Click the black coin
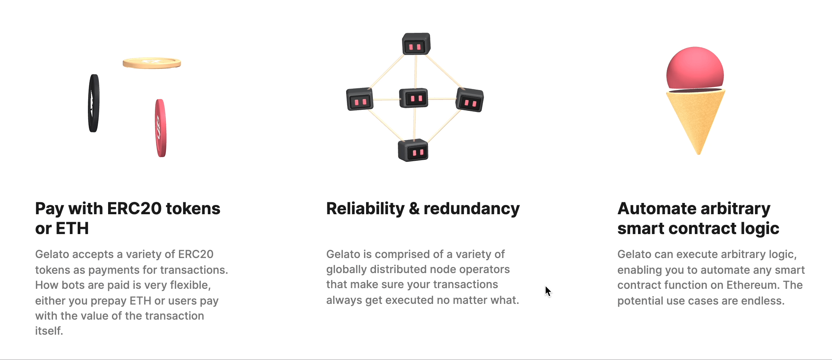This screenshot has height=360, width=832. tap(94, 103)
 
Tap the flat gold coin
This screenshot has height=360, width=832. tap(152, 63)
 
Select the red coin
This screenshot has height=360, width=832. tap(160, 128)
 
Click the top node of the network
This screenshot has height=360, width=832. tap(416, 44)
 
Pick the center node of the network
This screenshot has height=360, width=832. tap(414, 98)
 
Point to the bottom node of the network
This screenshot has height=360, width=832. tap(413, 150)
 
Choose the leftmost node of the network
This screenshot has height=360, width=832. tap(360, 99)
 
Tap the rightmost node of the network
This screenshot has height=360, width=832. tap(470, 100)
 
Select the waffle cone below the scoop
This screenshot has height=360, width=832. tap(696, 121)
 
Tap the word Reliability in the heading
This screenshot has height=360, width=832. tap(365, 209)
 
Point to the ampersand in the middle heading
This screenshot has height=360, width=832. tap(414, 209)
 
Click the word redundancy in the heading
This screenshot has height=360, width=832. tap(472, 209)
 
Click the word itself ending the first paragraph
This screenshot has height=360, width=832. tap(49, 331)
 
